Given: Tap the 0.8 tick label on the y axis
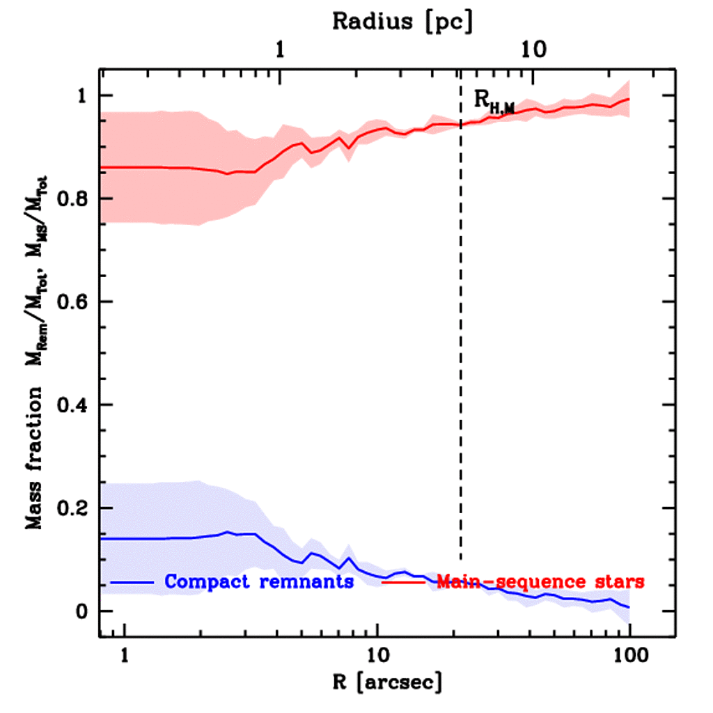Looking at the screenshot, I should click(73, 199).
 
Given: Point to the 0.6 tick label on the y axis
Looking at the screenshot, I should click(73, 302).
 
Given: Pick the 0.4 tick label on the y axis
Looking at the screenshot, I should click(73, 405).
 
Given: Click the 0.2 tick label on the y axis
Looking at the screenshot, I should click(73, 508).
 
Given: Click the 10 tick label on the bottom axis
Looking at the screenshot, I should click(377, 655).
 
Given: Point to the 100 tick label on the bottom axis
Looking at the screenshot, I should click(629, 655).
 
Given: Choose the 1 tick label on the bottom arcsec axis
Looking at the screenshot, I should click(125, 655).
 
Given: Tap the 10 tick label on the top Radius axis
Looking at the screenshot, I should click(532, 50).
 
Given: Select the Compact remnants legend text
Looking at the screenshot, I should click(259, 581).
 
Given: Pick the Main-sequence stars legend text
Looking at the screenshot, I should click(540, 581).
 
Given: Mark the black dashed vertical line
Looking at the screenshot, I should click(460, 348).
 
